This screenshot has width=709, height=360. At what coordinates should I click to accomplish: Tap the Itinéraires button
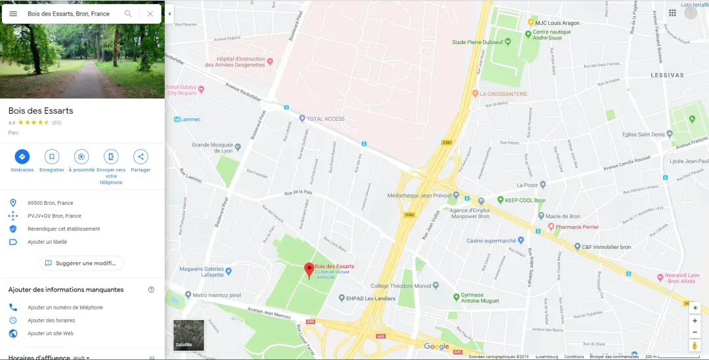[22, 157]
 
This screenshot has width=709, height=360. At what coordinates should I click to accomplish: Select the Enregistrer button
[52, 157]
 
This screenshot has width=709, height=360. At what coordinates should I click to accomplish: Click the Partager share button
[140, 157]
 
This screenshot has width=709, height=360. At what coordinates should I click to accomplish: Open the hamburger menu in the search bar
[13, 14]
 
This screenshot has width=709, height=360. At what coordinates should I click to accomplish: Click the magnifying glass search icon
[129, 14]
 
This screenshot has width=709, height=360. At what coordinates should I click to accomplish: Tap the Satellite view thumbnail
[188, 335]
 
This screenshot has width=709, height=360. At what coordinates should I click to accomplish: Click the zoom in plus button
[695, 321]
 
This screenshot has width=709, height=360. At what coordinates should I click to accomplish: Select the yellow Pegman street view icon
[695, 346]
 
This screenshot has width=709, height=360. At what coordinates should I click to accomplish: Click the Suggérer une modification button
[81, 263]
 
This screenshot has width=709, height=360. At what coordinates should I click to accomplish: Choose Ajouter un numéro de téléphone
[65, 307]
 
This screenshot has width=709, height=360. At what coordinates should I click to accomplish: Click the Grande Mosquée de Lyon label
[211, 148]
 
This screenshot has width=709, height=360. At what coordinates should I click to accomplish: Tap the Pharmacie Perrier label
[577, 227]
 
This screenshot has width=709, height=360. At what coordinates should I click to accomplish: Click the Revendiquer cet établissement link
[64, 229]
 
